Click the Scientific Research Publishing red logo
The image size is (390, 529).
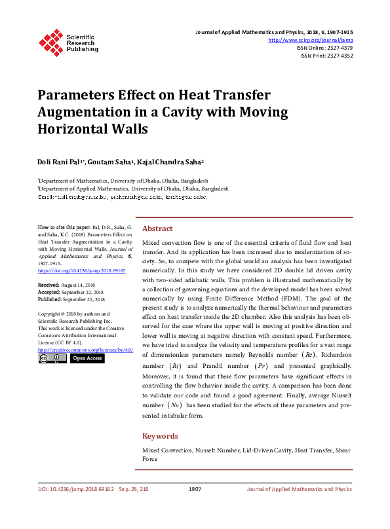click(x=50, y=41)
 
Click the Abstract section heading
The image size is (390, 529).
click(x=157, y=229)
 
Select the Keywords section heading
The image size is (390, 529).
click(x=160, y=436)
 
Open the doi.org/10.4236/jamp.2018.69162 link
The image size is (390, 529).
click(x=72, y=270)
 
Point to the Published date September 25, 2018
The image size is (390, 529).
click(x=84, y=299)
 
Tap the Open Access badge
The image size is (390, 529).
click(x=87, y=358)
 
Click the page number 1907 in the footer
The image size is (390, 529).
click(x=195, y=489)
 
